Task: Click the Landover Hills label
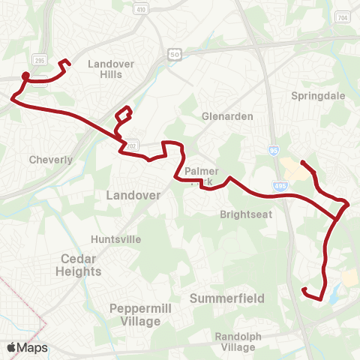(x=110, y=69)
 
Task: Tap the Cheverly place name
(x=51, y=160)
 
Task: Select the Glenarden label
(x=227, y=117)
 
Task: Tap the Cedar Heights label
(x=79, y=265)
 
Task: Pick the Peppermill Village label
(x=135, y=314)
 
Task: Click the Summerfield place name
(x=227, y=298)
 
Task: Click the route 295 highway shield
(x=38, y=59)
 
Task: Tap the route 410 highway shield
(x=141, y=9)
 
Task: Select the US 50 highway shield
(x=175, y=55)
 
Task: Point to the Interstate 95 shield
(x=274, y=151)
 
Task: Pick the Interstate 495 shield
(x=280, y=186)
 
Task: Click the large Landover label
(x=133, y=195)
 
